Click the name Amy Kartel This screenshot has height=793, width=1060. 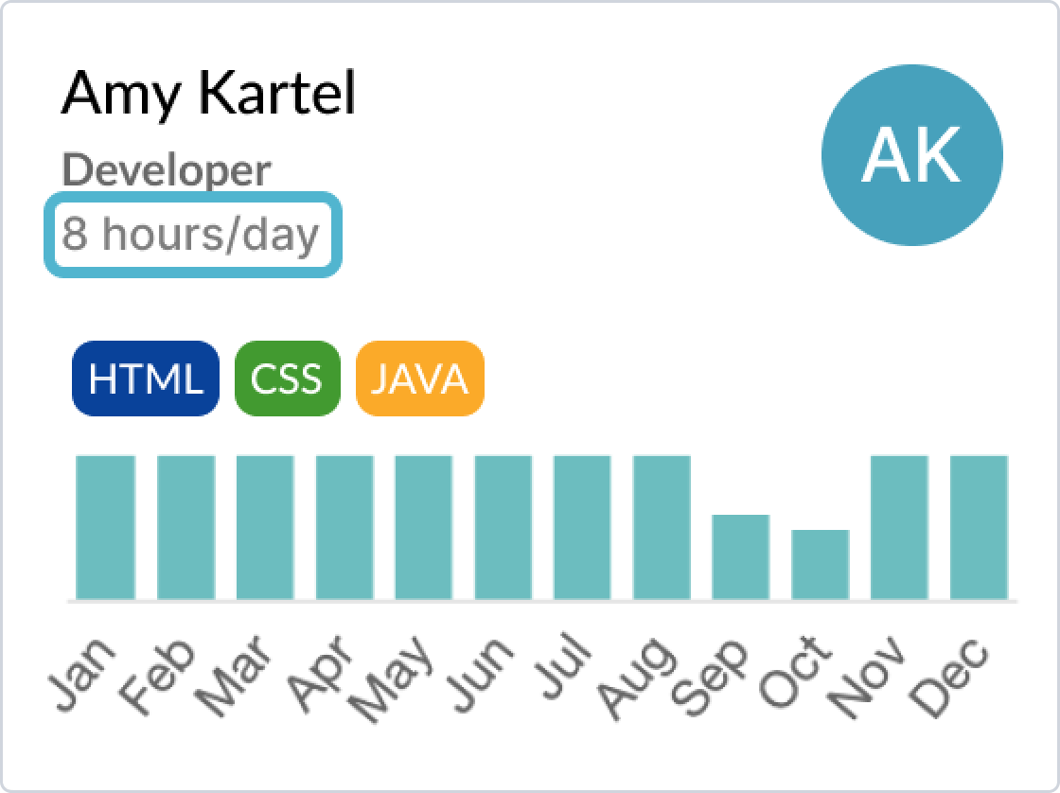point(208,95)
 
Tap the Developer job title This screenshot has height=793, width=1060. point(167,171)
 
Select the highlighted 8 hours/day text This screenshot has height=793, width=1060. point(191,234)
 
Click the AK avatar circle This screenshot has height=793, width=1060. point(911,156)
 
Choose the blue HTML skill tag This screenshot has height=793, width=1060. point(145,379)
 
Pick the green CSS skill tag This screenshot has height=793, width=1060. point(286,379)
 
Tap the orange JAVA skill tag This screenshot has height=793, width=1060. point(419,379)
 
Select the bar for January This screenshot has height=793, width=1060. point(105,526)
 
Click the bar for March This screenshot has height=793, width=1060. point(264,526)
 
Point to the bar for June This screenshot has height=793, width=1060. point(503,526)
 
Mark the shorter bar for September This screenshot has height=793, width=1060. point(740,556)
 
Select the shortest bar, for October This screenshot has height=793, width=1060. point(820,564)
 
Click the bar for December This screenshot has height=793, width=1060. point(979,526)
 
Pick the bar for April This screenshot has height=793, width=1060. point(344,526)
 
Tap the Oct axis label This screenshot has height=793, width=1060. point(794,676)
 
